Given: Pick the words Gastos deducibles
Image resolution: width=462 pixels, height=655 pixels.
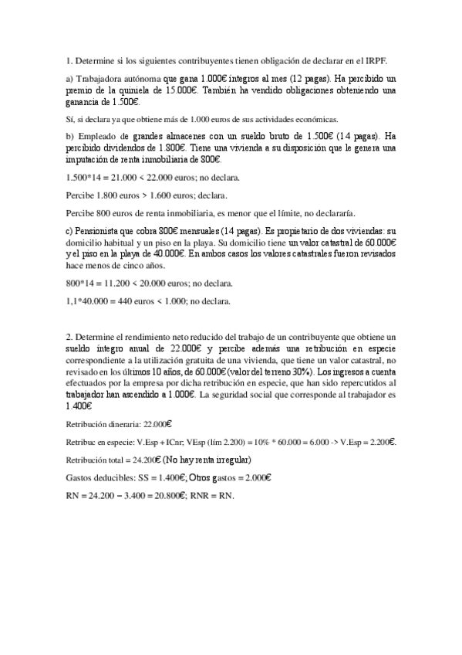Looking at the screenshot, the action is (100, 478).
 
